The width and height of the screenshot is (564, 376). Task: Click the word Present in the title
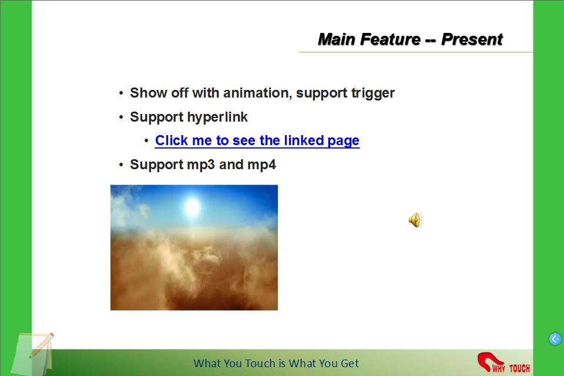coord(472,39)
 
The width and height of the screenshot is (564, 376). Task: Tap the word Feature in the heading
coord(390,39)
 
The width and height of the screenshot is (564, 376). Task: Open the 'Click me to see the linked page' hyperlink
coord(257,140)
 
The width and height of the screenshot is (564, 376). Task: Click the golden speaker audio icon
coord(416,220)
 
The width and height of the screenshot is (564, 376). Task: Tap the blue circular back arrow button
coord(555,338)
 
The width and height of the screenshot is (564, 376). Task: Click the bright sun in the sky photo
coord(193,207)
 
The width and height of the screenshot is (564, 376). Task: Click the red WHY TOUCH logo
coord(503,362)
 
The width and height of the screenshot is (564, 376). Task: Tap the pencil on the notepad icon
coord(41,345)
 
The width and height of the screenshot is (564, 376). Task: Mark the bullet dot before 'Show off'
coord(121,93)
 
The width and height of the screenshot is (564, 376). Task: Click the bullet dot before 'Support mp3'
coord(121,165)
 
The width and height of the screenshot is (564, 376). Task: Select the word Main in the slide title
coord(337,39)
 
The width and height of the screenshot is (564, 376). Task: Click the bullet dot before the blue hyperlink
coord(146,141)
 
